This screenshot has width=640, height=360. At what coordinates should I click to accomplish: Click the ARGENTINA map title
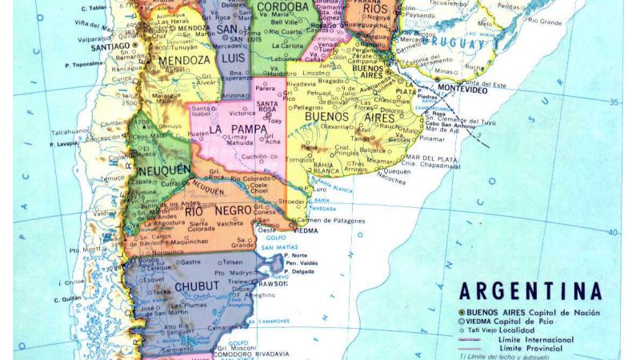click(x=530, y=291)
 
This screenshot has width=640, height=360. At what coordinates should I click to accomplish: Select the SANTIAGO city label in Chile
click(x=110, y=46)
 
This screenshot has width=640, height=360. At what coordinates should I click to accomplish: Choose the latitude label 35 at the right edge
click(x=614, y=102)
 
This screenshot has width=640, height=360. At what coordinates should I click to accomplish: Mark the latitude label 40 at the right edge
click(x=614, y=233)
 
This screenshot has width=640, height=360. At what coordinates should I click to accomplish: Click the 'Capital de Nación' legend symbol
click(x=462, y=312)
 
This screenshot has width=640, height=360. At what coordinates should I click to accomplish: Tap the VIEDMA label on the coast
click(x=305, y=230)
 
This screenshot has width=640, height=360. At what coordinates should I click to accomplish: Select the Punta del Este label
click(x=484, y=82)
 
